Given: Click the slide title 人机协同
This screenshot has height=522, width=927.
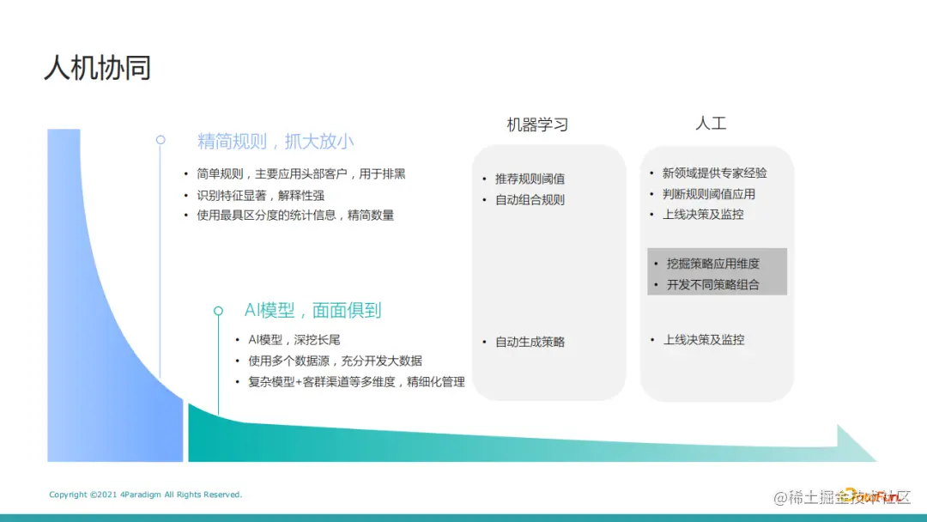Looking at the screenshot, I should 98,68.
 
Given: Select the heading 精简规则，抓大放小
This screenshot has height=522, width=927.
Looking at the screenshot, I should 276,142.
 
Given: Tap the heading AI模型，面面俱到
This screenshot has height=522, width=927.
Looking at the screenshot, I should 312,311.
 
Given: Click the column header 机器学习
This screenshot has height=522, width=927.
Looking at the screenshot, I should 537,125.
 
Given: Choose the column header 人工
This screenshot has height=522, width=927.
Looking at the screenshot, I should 711,124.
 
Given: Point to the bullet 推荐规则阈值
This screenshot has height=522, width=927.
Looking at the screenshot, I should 530,179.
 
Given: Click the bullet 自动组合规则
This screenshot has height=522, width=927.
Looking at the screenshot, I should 530,200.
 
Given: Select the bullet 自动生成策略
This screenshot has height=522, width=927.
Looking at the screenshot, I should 530,342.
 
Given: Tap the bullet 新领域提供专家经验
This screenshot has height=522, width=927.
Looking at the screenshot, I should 714,173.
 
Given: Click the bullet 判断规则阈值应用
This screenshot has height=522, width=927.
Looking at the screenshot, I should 708,193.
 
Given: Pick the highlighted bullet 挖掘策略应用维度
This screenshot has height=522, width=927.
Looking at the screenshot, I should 712,264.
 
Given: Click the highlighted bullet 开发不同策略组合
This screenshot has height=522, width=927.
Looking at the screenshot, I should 712,284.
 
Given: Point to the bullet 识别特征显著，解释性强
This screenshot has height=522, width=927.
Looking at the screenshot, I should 260,195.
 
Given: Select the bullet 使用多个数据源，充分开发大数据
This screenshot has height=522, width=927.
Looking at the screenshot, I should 335,361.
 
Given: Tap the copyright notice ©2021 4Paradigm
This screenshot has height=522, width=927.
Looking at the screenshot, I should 146,495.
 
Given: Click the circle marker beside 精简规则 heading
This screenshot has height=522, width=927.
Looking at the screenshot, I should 161,139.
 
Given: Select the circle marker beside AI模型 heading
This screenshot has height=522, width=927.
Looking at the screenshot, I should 218,311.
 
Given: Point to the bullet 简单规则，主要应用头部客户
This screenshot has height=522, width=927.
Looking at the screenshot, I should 300,173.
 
